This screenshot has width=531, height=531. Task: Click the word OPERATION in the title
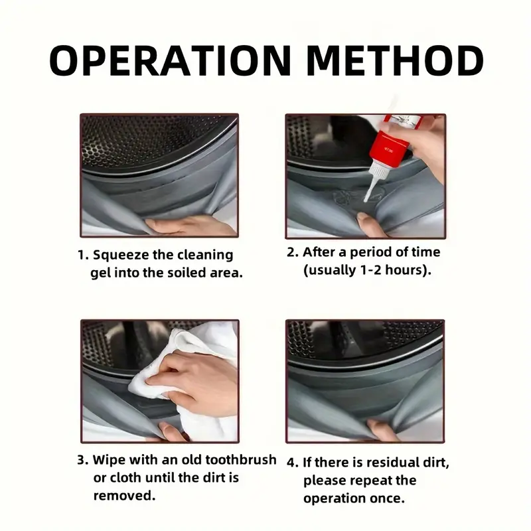(170, 60)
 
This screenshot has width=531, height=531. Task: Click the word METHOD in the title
(396, 60)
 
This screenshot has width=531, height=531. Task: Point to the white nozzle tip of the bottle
(366, 200)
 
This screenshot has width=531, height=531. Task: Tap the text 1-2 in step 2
(370, 270)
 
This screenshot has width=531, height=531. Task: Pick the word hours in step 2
(404, 270)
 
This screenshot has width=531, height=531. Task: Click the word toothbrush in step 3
(241, 460)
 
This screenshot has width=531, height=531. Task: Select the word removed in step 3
(121, 496)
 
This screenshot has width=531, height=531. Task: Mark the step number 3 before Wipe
(81, 460)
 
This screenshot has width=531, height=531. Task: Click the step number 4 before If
(291, 463)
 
